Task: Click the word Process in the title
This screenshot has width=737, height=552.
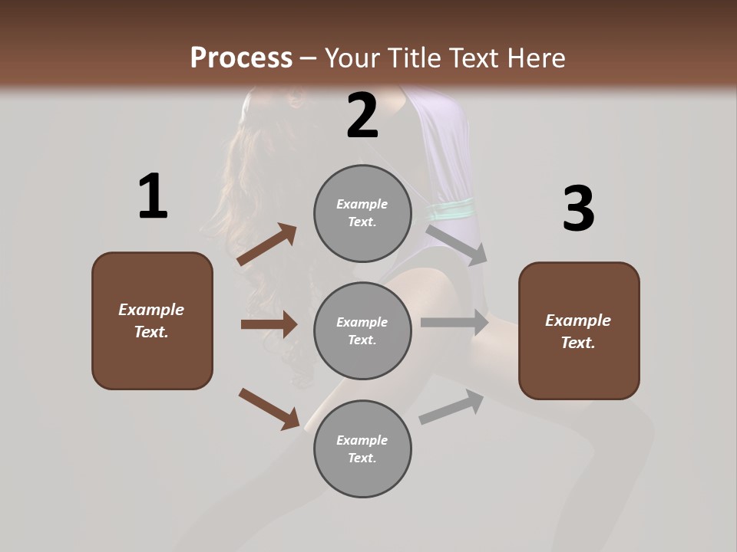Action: coord(241,58)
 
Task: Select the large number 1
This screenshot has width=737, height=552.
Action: coord(153,197)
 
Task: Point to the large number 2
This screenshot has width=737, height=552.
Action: coord(362,116)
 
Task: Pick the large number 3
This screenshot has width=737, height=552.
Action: coord(578,209)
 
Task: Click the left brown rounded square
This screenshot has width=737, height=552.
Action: coord(152,320)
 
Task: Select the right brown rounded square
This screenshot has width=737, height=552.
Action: coord(579,331)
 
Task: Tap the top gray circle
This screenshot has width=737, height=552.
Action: coord(362,213)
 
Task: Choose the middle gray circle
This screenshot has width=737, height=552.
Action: coord(362,330)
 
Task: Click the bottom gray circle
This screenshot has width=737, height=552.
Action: coord(362,449)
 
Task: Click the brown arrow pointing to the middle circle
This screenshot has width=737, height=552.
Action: coord(269,324)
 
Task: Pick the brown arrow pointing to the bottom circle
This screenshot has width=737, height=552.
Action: coord(269,408)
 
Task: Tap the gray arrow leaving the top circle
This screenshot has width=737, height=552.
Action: coord(457,244)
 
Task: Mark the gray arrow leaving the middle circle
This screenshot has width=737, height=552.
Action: coord(454,323)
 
